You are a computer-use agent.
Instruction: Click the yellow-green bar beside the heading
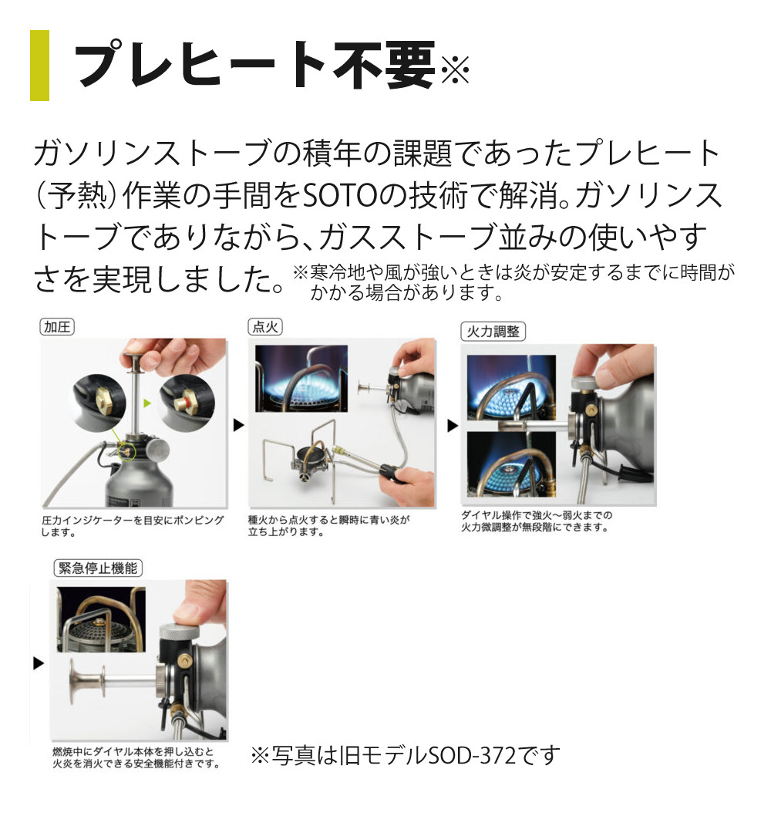[39, 66]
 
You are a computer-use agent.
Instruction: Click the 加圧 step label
[57, 327]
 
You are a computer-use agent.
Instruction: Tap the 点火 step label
[265, 327]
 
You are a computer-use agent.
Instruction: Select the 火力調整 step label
[493, 332]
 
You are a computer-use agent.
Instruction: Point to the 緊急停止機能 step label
[98, 568]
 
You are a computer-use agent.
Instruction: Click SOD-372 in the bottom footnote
[472, 755]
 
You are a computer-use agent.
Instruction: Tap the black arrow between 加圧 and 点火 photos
[238, 424]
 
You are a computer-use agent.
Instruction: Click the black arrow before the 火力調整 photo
[452, 426]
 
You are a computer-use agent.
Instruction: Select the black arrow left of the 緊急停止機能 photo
[39, 663]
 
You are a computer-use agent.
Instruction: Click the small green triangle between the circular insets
[147, 403]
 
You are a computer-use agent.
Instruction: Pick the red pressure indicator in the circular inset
[187, 399]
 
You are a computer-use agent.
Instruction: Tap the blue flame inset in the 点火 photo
[301, 378]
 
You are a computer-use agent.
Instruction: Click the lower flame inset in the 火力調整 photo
[511, 464]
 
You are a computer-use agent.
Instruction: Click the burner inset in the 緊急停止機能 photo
[101, 619]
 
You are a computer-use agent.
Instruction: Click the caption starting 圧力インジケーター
[132, 526]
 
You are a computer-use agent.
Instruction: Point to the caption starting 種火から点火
[328, 525]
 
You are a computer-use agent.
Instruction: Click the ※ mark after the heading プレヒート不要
[455, 69]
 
